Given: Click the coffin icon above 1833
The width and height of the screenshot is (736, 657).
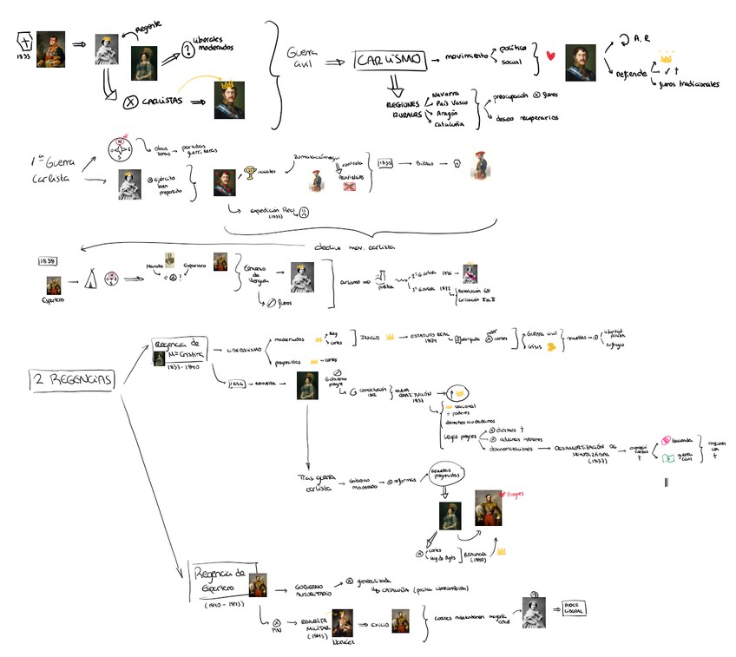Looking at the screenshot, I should pyautogui.click(x=26, y=41).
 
